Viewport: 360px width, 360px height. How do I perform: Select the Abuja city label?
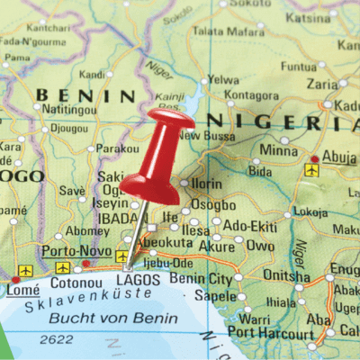[x=339, y=155]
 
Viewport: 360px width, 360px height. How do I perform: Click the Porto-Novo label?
[x=76, y=250]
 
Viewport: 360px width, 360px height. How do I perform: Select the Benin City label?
[x=200, y=279]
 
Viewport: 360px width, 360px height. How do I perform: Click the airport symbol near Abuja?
[x=311, y=169]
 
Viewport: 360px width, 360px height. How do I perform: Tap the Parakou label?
[x=118, y=149]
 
